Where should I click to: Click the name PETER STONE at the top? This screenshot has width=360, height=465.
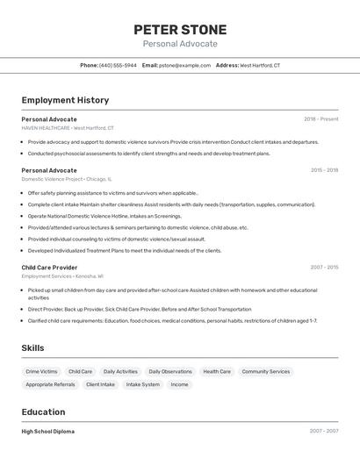(180, 30)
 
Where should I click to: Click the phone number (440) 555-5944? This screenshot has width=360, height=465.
(118, 65)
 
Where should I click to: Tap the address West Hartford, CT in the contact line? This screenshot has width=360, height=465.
(260, 65)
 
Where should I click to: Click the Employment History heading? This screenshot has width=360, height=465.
(65, 100)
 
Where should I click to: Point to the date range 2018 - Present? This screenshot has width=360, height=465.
(320, 118)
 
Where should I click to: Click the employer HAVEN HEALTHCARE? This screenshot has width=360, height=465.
(46, 127)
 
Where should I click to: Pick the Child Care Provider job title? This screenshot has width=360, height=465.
(49, 267)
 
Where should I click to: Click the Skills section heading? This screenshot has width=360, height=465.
(32, 348)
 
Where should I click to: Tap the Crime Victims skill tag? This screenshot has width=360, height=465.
(41, 372)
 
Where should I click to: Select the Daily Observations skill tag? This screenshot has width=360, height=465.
(170, 372)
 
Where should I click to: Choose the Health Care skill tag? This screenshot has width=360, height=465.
(217, 372)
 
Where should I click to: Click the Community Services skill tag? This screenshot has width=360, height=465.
(265, 372)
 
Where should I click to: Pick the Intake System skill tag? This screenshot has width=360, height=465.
(143, 384)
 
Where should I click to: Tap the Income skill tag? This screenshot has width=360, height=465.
(179, 384)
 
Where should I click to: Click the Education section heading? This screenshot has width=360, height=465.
(43, 412)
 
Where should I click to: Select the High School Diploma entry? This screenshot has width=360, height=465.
(47, 432)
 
